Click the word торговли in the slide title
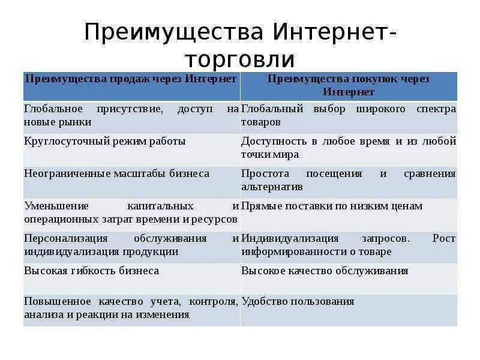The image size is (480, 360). click(x=239, y=59)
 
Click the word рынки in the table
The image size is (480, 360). click(x=75, y=122)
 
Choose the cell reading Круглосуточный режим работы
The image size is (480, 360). click(x=105, y=142)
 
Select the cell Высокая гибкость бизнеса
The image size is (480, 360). click(x=92, y=271)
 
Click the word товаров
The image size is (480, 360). click(x=261, y=122)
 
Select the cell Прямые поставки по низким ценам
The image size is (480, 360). click(x=332, y=206)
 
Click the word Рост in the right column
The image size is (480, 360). click(x=444, y=239)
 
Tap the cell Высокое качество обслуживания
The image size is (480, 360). click(x=325, y=271)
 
